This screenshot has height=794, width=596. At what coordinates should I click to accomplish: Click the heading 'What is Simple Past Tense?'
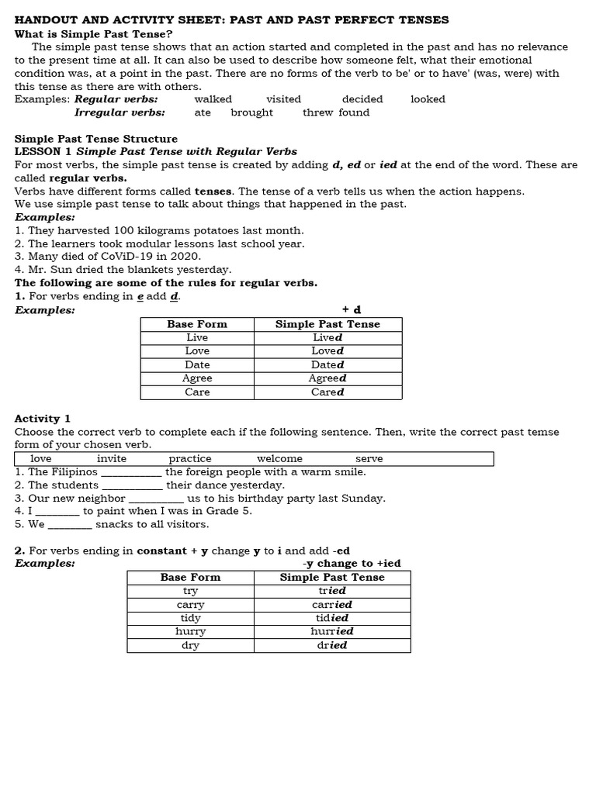click(x=94, y=34)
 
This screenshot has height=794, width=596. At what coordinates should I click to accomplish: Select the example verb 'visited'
click(x=283, y=99)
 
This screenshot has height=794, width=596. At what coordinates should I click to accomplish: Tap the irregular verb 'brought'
click(x=252, y=112)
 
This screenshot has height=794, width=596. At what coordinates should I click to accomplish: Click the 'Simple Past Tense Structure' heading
click(x=96, y=139)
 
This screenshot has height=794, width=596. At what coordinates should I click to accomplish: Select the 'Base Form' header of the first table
click(x=197, y=324)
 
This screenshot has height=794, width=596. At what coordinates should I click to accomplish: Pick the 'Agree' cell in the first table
click(x=197, y=378)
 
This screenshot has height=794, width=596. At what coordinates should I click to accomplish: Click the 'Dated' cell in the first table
click(x=327, y=364)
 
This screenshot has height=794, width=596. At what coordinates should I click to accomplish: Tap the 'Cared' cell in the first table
click(x=327, y=392)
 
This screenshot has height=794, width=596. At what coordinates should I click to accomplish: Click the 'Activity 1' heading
click(x=43, y=419)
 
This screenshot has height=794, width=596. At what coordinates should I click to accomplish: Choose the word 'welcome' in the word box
click(x=279, y=459)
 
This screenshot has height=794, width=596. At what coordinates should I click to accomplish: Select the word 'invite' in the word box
click(x=112, y=459)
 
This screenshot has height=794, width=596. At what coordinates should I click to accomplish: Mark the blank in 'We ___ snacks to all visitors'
click(x=70, y=525)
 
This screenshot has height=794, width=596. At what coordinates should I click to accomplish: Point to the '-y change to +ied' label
click(x=352, y=564)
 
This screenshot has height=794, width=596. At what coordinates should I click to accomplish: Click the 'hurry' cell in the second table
click(x=190, y=632)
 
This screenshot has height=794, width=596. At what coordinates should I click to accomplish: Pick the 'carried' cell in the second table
click(x=332, y=605)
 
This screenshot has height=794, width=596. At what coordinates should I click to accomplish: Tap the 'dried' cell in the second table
click(x=332, y=645)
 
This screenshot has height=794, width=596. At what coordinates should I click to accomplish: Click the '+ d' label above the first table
click(x=352, y=310)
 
